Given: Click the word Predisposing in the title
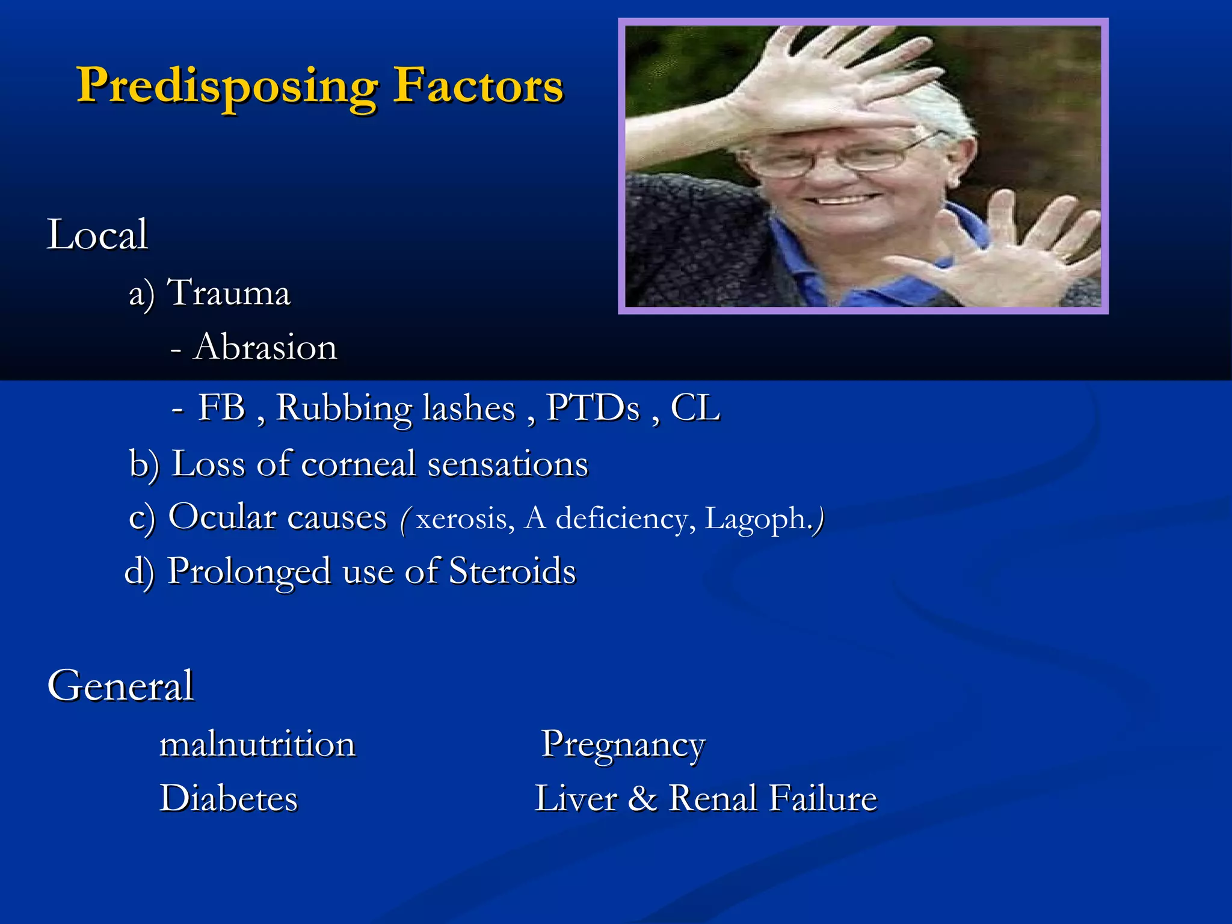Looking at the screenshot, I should [x=227, y=87].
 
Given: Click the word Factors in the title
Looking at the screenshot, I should [x=478, y=85].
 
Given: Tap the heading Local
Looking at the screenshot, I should [x=97, y=235].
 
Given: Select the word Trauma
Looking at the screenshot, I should [x=229, y=293].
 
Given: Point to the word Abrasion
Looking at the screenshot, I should [x=265, y=348].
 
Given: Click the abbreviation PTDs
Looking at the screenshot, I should [x=593, y=408].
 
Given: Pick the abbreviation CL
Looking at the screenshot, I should [x=695, y=408].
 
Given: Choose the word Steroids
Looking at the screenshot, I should [x=513, y=571].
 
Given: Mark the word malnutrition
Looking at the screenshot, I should [x=257, y=744].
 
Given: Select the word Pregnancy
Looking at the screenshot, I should [x=623, y=744].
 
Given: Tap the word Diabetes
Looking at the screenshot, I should [x=229, y=799].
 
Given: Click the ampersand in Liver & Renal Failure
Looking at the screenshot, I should [x=642, y=799].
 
